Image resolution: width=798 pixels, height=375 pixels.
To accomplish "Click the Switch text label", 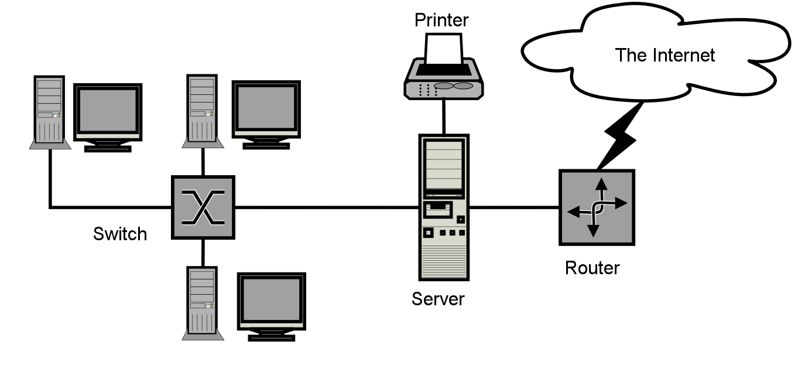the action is [120, 234].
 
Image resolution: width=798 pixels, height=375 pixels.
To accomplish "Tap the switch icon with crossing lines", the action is [203, 207].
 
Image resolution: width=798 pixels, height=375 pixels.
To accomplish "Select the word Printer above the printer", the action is [441, 20].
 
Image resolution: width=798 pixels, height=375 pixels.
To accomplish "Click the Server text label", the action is [438, 299].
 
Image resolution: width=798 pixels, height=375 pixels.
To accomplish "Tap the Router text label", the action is [592, 268].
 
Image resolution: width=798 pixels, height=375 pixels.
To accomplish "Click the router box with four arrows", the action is [597, 207].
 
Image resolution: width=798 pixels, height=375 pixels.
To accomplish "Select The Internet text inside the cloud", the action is [665, 56].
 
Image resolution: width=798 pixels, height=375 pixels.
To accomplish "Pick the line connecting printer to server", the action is [444, 116].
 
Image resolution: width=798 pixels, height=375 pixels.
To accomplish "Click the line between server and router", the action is [514, 207].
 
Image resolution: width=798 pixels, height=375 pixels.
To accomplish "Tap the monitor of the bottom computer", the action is [271, 302].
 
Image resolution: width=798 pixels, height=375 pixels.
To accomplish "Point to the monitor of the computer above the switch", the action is [266, 110].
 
